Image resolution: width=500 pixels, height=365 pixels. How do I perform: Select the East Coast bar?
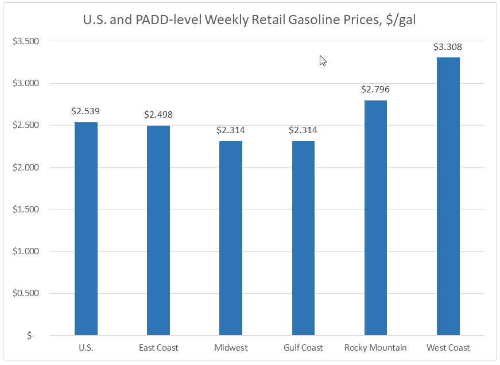coord(158,230)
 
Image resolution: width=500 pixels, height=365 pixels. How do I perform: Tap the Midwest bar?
coord(231,238)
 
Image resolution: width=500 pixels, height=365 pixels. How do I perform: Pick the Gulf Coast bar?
coord(303,238)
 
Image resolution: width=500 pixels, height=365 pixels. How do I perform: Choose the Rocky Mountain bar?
coord(375,218)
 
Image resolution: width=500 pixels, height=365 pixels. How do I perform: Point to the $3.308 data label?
coord(448,47)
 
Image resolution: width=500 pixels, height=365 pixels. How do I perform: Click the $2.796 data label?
coord(375,90)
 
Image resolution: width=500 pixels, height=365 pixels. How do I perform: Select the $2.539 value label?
coord(86,111)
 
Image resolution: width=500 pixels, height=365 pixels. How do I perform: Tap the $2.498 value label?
coord(158,115)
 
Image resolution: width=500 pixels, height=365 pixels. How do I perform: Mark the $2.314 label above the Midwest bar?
coord(231,130)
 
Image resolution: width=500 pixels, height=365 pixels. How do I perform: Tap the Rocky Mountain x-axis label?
coord(375,348)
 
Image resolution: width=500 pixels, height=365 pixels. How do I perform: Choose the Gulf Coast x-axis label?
coord(303,348)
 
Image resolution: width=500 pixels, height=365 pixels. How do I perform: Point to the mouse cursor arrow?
coord(323,60)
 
